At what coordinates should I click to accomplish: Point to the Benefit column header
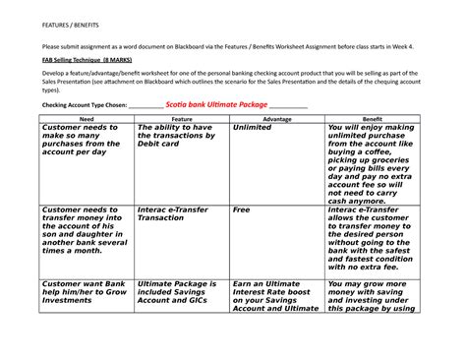373,117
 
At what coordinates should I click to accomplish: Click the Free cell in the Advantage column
242,210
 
